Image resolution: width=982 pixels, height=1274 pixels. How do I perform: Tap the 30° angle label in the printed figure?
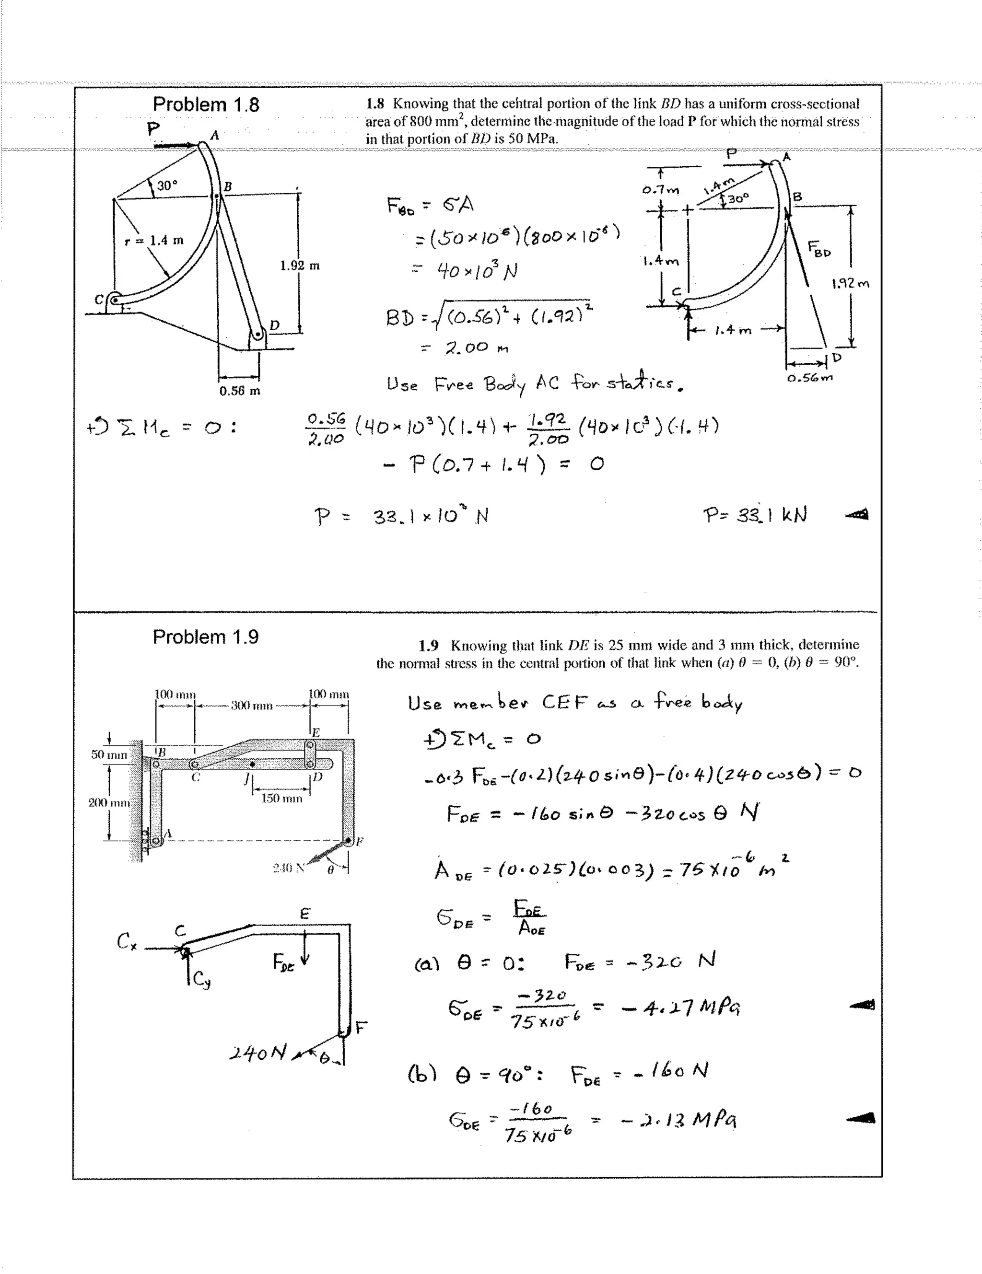point(166,185)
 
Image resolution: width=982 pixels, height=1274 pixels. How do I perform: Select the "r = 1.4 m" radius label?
point(156,240)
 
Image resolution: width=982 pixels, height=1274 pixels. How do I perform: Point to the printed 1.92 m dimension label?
point(300,266)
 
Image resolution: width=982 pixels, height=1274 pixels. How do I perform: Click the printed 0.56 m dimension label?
point(239,391)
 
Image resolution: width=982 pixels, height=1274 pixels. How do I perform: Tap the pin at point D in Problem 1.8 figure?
point(257,336)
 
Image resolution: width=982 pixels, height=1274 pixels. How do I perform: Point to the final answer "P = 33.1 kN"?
point(755,515)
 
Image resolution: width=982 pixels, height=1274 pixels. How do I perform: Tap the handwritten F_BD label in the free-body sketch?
point(819,249)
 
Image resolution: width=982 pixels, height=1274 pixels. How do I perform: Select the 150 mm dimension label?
point(281,799)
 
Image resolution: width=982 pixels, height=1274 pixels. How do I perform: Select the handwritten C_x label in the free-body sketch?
point(127,941)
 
